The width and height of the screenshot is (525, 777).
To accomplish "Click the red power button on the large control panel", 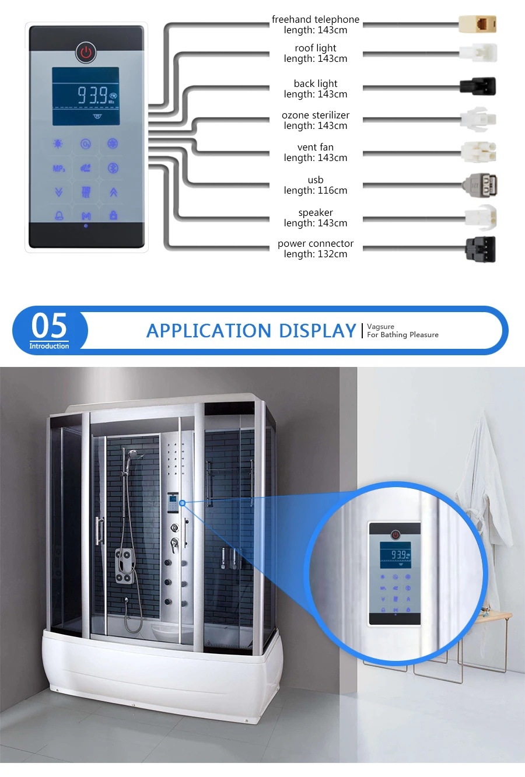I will click(86, 52).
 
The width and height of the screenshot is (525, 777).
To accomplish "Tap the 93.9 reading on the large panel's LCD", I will click(93, 95).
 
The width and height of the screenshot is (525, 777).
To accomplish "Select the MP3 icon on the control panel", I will click(59, 169).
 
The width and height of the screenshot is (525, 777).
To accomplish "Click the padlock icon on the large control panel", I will click(113, 215).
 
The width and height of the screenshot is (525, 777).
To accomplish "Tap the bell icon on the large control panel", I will click(59, 216).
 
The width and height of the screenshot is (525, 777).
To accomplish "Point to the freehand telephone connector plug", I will click(478, 24).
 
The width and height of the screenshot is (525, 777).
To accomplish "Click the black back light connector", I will click(478, 86).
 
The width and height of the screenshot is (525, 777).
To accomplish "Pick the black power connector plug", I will click(480, 249).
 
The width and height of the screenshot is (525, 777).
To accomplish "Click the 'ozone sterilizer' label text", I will click(316, 115).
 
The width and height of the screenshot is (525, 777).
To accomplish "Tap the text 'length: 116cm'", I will click(316, 191).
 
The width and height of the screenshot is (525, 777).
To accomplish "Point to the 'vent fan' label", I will click(316, 147).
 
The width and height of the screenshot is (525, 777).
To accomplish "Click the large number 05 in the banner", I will click(50, 325).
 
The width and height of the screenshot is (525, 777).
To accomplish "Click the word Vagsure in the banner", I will click(380, 327).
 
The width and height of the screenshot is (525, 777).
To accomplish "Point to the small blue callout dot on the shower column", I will click(182, 503).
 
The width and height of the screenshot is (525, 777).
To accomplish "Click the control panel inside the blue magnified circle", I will click(395, 573).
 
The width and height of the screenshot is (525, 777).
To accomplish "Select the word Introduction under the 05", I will click(50, 346).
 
